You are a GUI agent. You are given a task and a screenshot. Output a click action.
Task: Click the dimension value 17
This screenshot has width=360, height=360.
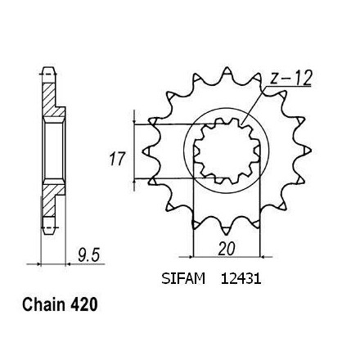click(117, 160)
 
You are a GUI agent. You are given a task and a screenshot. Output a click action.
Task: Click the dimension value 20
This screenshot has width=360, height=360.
click(227, 249)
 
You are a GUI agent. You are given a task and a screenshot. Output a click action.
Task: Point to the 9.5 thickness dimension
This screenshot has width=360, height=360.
click(88, 256)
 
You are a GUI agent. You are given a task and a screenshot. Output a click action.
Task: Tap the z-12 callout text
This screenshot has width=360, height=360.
click(290, 79)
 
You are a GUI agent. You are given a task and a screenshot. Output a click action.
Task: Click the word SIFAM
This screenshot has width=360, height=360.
click(183, 279)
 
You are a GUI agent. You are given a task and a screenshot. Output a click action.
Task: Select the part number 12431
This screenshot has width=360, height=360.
click(241, 279)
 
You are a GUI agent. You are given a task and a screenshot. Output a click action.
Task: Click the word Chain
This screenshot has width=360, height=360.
click(43, 304)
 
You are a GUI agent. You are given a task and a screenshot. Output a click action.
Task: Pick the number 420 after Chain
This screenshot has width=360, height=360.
click(83, 304)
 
